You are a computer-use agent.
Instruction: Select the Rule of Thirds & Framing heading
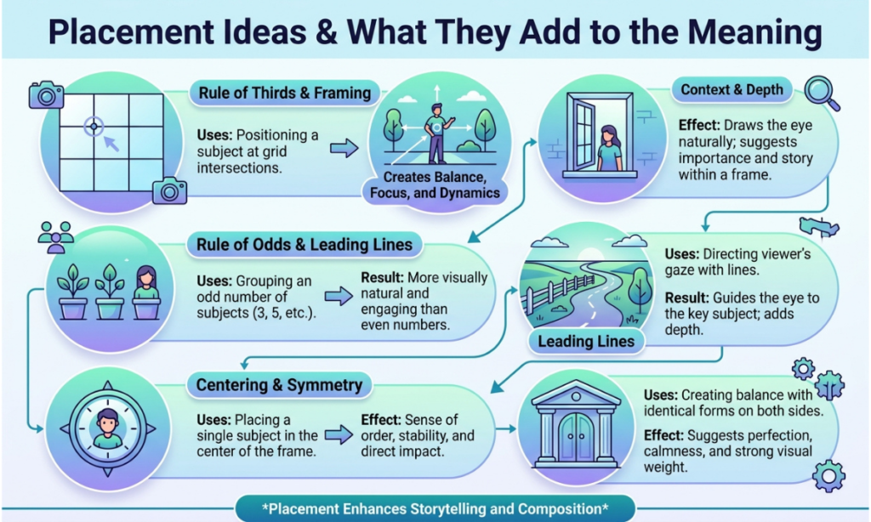(x=284, y=93)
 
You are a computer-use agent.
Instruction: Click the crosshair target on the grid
(x=94, y=127)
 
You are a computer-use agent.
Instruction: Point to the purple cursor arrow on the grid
(x=111, y=143)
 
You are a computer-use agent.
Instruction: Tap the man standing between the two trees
(x=437, y=133)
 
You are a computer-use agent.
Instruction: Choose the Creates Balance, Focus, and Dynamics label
(x=435, y=185)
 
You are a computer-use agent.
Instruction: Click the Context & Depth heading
(x=732, y=89)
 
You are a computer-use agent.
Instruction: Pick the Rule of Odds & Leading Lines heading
(x=305, y=244)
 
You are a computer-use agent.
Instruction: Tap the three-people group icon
(x=56, y=237)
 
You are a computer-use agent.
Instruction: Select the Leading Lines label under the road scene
(x=586, y=341)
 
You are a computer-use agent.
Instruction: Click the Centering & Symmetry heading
(x=279, y=385)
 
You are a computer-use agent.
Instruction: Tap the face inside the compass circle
(x=108, y=423)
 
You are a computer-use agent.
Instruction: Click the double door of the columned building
(x=576, y=438)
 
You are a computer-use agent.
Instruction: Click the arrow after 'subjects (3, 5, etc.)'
(x=339, y=296)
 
